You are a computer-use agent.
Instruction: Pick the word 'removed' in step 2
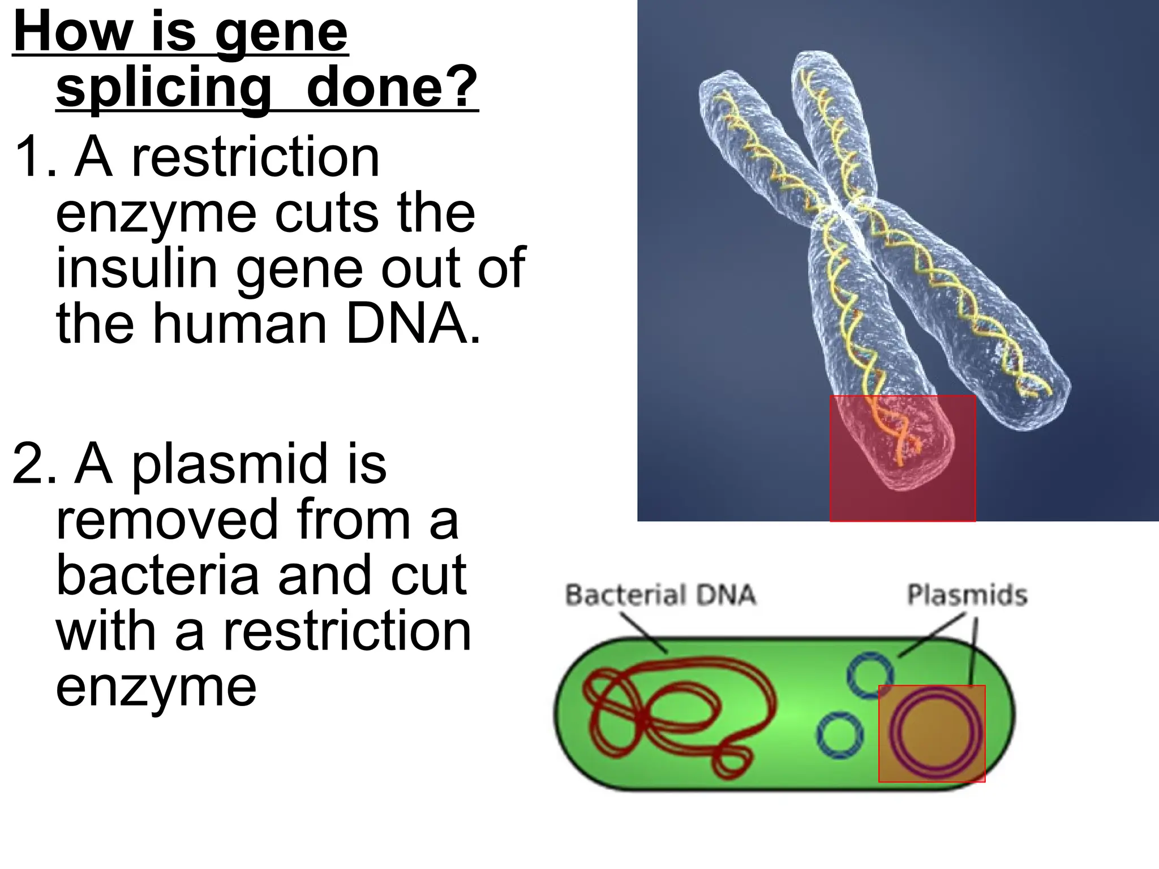point(167,519)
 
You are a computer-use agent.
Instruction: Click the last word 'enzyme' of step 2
point(156,686)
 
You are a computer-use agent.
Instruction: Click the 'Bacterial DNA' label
point(660,595)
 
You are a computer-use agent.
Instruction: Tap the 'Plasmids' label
point(967,595)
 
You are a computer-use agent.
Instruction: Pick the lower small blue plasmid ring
point(840,735)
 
